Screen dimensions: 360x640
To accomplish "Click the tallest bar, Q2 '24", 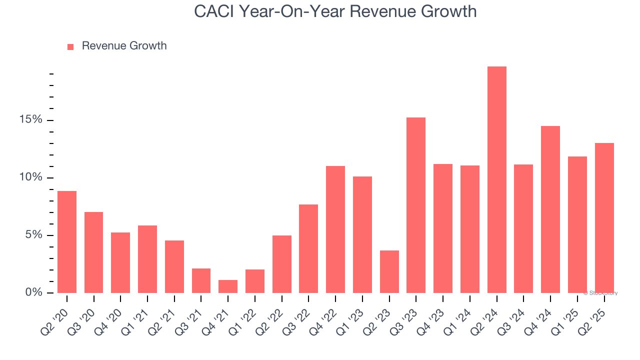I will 496,180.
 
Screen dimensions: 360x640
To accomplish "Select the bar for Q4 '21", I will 228,286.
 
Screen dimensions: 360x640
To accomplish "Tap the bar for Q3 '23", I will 416,205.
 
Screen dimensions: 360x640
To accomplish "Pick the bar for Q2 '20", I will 67,242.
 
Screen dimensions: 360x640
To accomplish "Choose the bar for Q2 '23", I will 389,271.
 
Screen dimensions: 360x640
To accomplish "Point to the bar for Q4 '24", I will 550,209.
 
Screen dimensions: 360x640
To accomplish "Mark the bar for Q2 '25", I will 604,218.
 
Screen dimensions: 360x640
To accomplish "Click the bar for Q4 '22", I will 335,229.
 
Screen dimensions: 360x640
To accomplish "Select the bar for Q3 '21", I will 201,280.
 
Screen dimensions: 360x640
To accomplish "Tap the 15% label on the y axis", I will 31,120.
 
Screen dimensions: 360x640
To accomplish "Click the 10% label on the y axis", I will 31,177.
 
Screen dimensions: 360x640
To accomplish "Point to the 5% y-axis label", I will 33,235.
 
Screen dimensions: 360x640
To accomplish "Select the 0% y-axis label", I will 33,292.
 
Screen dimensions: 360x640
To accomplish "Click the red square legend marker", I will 70,46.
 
